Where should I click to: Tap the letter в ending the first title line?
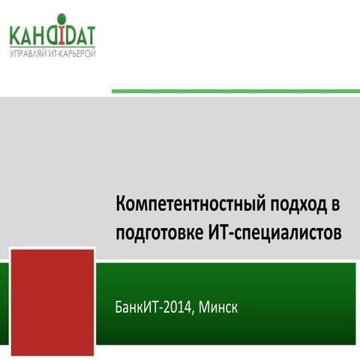336,205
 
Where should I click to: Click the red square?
52,301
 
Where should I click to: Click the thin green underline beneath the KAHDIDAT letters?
52,48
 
